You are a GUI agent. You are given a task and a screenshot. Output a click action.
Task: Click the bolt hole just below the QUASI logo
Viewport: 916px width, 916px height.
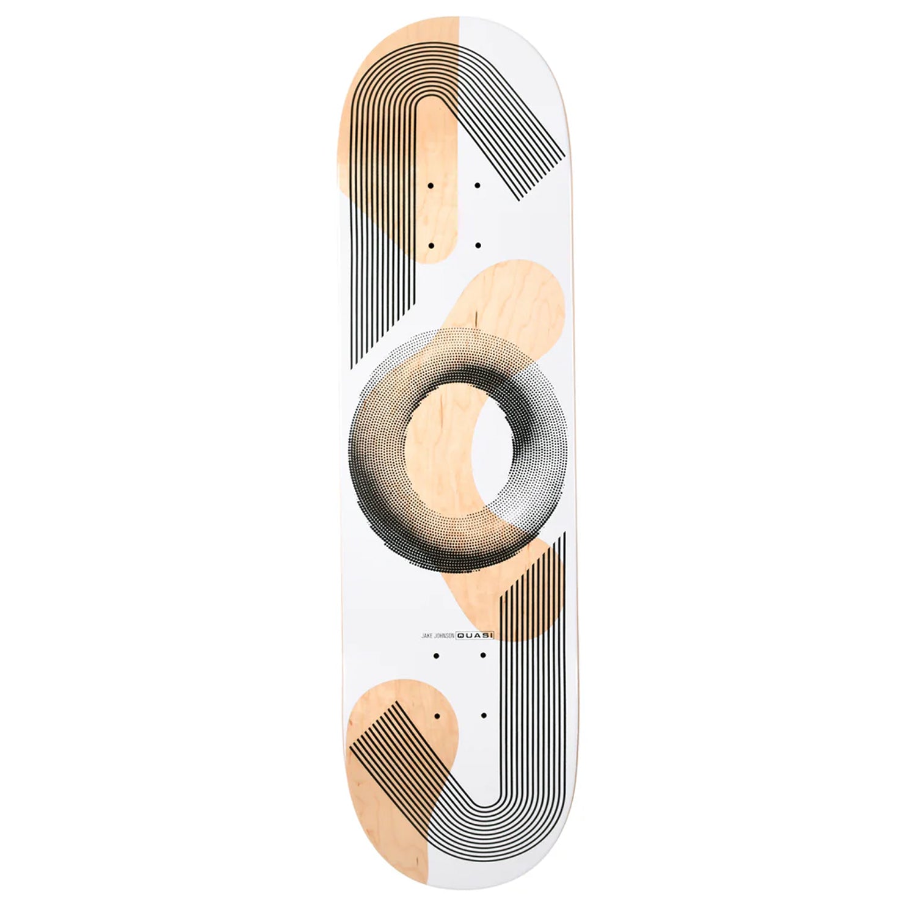coord(483,655)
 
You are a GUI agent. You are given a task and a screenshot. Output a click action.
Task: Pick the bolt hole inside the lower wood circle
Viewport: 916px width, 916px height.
coord(437,714)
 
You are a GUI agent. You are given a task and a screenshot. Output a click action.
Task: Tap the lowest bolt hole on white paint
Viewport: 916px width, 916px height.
coord(484,714)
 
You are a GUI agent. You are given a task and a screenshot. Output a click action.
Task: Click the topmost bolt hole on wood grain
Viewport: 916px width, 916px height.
coord(431,185)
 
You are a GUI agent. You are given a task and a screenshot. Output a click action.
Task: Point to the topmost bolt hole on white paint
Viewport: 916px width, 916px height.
coord(478,185)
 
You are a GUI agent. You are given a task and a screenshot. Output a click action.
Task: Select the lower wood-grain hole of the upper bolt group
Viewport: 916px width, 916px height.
coord(431,245)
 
